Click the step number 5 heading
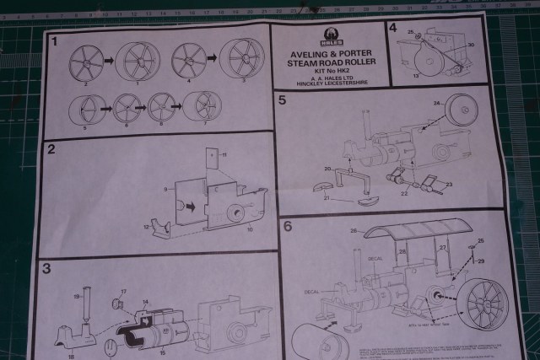283,100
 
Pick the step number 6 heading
288,226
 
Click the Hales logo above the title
330,36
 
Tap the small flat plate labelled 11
208,161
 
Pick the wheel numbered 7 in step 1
202,106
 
